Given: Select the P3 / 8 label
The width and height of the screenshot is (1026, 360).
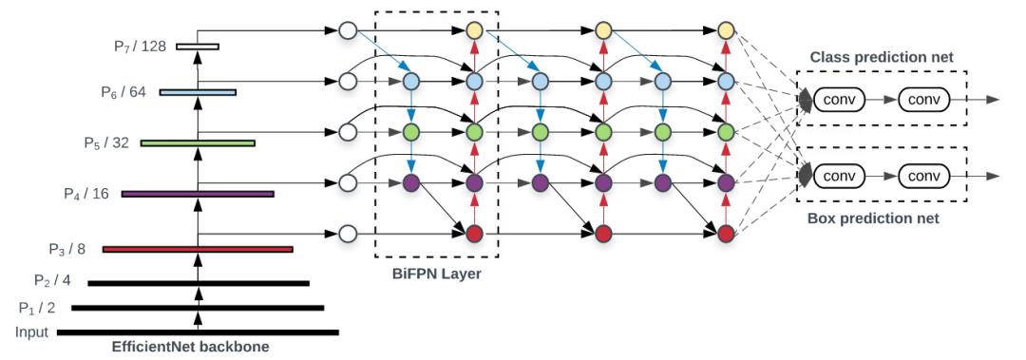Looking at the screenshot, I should coord(67,249).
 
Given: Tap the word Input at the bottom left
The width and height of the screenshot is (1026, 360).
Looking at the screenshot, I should coord(32,332).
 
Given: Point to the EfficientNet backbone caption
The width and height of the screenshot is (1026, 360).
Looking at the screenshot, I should coord(190,348).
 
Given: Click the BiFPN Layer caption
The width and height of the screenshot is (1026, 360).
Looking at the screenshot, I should coord(435,274).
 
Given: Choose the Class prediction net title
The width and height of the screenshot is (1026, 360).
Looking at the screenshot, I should coord(881,58).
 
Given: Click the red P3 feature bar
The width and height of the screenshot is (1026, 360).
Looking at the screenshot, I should coord(197,250).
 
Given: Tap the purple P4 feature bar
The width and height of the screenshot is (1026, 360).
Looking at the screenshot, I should coord(197,194).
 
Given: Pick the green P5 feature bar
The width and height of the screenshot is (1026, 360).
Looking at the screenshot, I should coord(197,143).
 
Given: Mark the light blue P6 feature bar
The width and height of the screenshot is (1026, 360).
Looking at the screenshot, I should coord(197,92).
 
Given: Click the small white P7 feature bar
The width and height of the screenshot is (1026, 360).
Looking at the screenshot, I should coord(197,46).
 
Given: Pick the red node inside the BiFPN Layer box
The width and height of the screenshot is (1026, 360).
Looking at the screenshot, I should coord(474,233).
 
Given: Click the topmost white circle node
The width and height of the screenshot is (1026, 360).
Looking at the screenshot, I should coord(348,31).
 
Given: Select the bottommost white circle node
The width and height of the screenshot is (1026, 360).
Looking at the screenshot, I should coord(348,233).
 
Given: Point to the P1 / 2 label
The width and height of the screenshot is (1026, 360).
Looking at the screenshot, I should coord(39,308).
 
